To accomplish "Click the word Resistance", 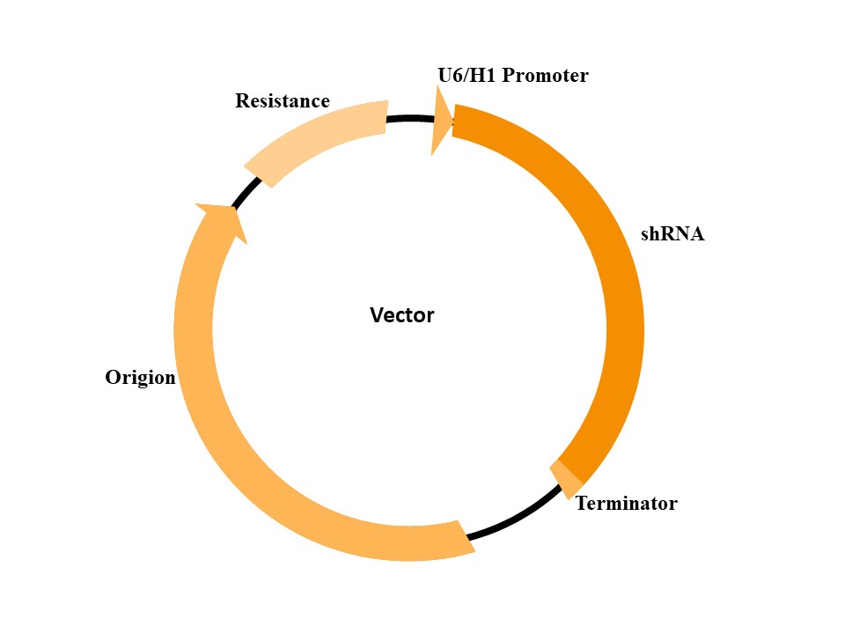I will (282, 101).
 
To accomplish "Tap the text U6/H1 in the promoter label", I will (464, 76).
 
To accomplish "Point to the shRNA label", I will (672, 235).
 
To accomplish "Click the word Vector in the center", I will (401, 315).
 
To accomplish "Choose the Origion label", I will (141, 378).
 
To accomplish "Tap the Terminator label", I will (626, 504).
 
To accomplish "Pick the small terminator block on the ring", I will (566, 476).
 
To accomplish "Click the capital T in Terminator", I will (582, 504).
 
